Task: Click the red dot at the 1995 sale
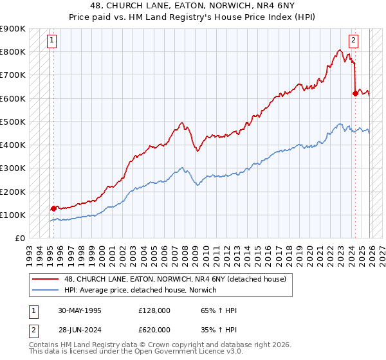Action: (x=53, y=208)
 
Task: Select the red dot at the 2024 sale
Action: (x=354, y=93)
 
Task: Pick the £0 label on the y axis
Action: (x=19, y=238)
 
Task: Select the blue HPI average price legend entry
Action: (x=140, y=290)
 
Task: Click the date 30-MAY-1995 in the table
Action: (x=79, y=310)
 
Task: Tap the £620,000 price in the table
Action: (x=154, y=331)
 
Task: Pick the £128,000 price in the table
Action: (x=154, y=310)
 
